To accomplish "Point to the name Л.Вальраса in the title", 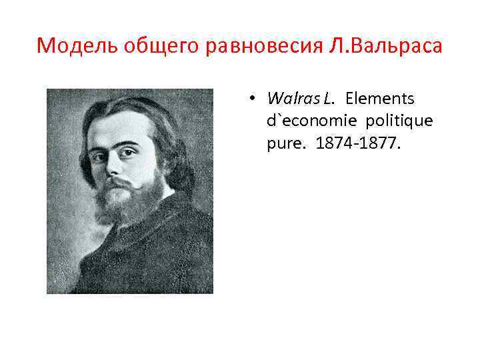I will [x=384, y=47].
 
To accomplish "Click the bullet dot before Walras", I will [x=254, y=99].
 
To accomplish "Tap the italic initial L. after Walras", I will [x=329, y=99].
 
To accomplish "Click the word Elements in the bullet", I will [x=380, y=99].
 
